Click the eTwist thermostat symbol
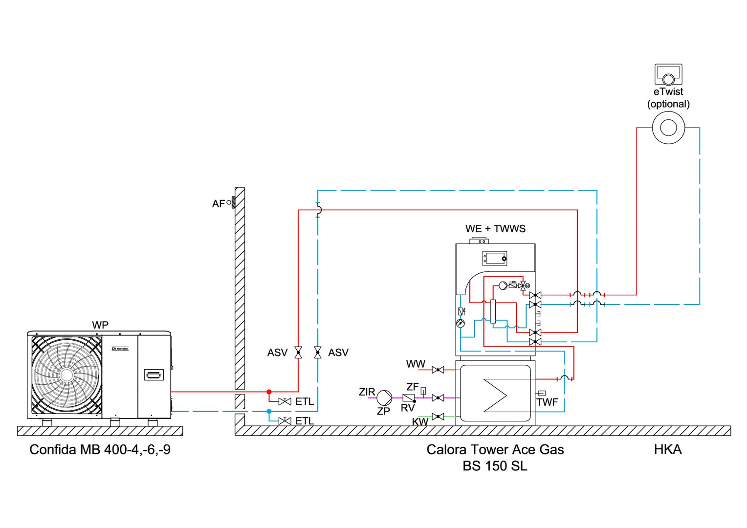click(x=668, y=75)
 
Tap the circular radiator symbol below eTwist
click(x=668, y=128)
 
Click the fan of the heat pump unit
click(x=66, y=375)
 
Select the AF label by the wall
click(x=218, y=204)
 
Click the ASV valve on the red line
click(x=298, y=352)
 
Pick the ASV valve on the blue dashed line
click(x=318, y=352)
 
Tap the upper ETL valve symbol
click(x=285, y=401)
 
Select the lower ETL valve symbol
click(x=285, y=421)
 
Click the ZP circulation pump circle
click(x=384, y=398)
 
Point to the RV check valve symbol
click(x=408, y=398)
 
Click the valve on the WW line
click(x=438, y=370)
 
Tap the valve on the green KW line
click(x=438, y=417)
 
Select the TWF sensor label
click(x=547, y=402)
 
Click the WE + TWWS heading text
click(x=495, y=229)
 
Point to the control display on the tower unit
click(x=495, y=258)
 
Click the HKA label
click(x=667, y=450)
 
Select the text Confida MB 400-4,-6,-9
click(x=100, y=450)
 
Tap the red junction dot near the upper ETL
click(x=269, y=392)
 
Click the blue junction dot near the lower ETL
click(x=269, y=412)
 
